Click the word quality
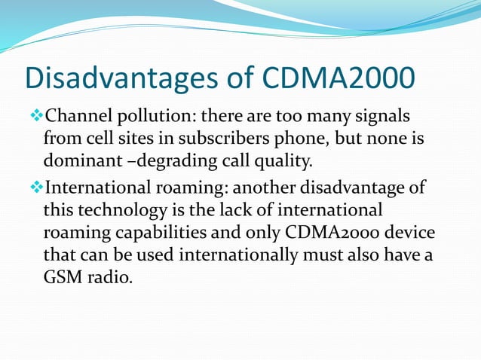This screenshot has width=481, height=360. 270,160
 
